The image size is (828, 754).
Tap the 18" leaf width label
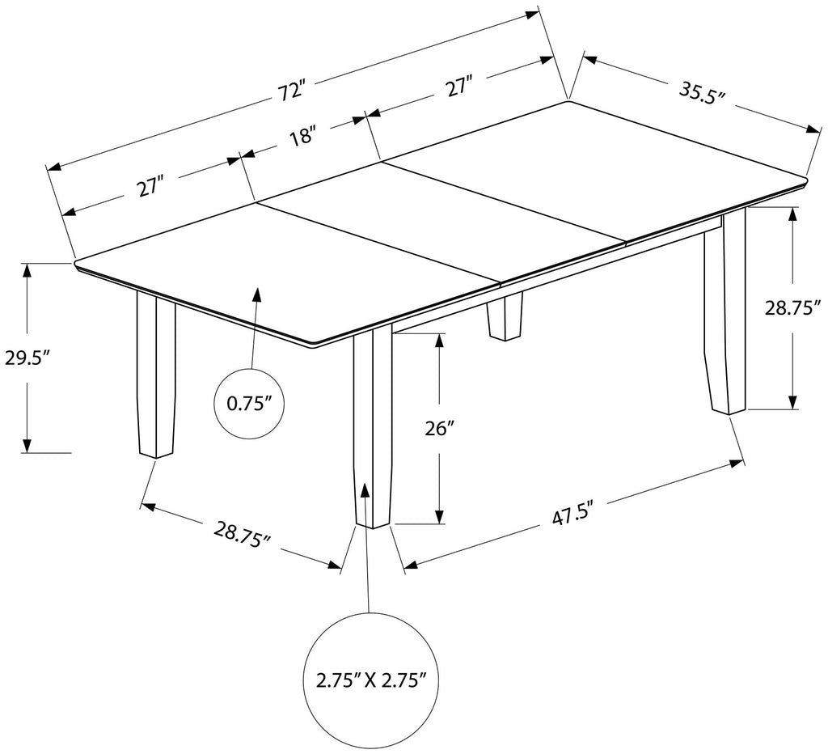(x=302, y=136)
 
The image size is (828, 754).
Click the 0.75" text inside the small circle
(x=250, y=403)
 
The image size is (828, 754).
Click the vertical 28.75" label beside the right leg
(x=793, y=307)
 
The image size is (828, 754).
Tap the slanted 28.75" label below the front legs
(x=241, y=534)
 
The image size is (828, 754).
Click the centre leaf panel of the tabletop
(x=441, y=222)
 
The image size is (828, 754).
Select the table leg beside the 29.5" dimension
(x=155, y=372)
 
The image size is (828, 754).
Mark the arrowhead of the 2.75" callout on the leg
(x=365, y=490)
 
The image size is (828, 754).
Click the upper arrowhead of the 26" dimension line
(x=439, y=341)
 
